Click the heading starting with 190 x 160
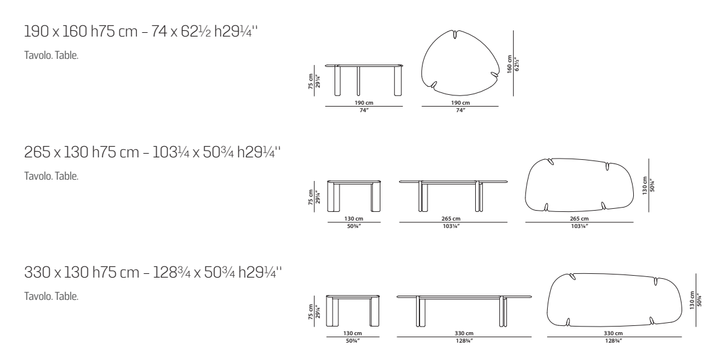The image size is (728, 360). [141, 32]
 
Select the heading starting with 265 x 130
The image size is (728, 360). [153, 152]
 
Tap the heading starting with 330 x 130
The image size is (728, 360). [153, 272]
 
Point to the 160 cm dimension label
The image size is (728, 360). [509, 64]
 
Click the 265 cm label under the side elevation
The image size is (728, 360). [451, 219]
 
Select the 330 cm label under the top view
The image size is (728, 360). [613, 333]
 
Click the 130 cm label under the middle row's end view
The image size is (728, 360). [354, 219]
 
